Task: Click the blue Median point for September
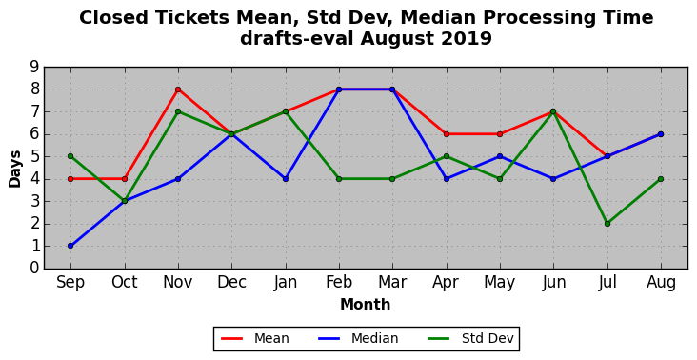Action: (x=70, y=246)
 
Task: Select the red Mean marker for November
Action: (x=178, y=90)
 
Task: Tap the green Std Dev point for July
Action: (x=607, y=224)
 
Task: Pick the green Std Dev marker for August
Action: (x=661, y=179)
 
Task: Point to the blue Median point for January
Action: (x=286, y=179)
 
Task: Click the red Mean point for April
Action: (x=447, y=134)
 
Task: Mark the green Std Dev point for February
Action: (x=339, y=179)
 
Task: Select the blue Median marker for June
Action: (x=553, y=179)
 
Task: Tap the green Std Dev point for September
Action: (x=70, y=156)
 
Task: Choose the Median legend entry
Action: (x=358, y=339)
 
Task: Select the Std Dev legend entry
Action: (x=470, y=339)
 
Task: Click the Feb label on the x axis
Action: (x=339, y=282)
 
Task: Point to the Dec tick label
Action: (x=231, y=282)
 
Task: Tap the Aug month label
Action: (x=661, y=283)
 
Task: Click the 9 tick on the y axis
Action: (x=34, y=67)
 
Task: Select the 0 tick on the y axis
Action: (x=34, y=268)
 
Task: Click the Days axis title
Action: (x=14, y=169)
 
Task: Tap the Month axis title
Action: (x=366, y=305)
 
